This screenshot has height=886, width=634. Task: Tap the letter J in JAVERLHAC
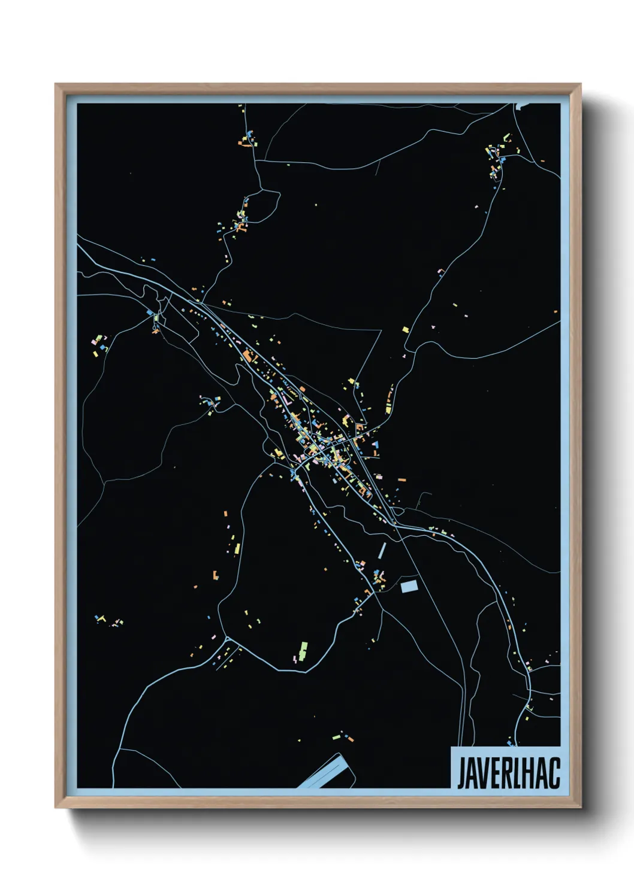(462, 773)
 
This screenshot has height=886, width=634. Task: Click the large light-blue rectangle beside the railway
(409, 586)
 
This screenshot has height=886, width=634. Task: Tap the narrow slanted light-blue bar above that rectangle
(382, 550)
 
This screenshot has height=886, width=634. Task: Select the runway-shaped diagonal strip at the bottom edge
(322, 772)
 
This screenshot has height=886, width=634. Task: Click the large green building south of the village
(303, 650)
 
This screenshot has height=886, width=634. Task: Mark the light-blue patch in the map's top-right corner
(520, 107)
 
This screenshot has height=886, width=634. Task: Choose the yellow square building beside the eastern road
(406, 329)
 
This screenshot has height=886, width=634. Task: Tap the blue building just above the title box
(511, 743)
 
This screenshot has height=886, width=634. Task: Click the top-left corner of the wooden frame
(56, 84)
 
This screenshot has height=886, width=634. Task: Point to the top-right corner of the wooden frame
(580, 84)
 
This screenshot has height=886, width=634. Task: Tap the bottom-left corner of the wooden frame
(56, 808)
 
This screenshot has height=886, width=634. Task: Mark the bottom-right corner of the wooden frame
(580, 808)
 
